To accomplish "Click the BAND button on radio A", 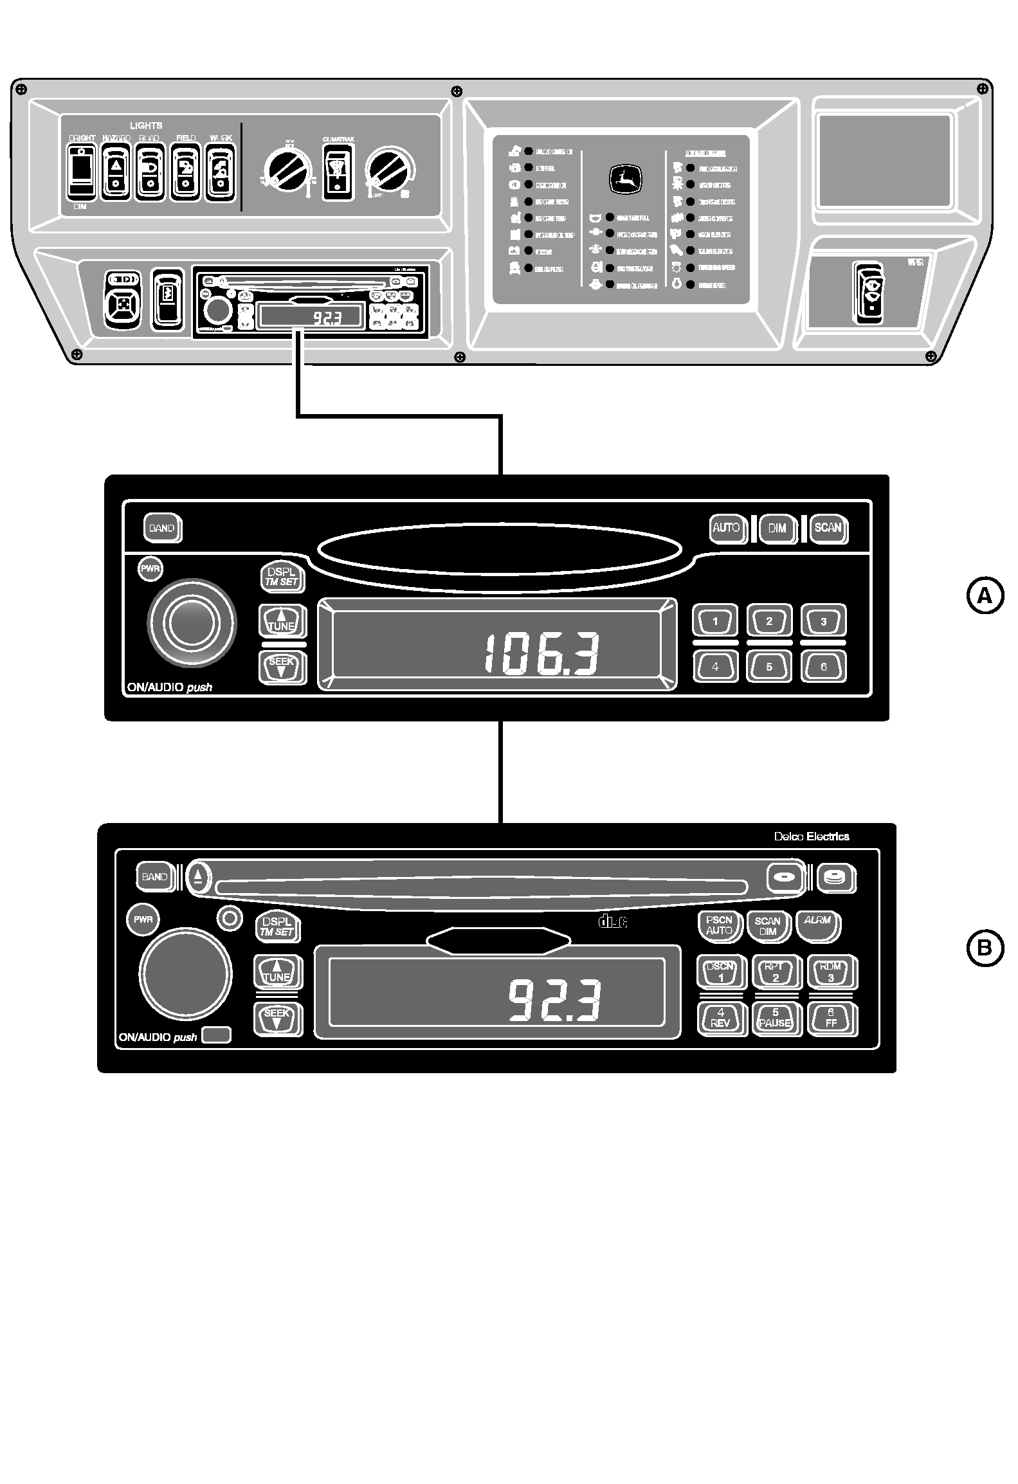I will tap(162, 529).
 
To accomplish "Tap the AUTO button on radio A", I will tap(727, 528).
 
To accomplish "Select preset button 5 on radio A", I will tap(769, 667).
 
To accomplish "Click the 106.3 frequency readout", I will tap(541, 654).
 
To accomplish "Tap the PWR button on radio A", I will tap(151, 569).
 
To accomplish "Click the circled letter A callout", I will tap(985, 597).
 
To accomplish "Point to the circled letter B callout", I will tap(985, 948).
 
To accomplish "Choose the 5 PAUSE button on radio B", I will tap(775, 1018).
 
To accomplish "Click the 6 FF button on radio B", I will tap(831, 1018).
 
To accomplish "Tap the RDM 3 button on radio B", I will tap(830, 972).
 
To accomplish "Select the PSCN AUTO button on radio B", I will tap(719, 925).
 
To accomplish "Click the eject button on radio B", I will tap(199, 876).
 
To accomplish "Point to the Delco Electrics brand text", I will tap(811, 837).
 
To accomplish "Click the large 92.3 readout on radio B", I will tap(554, 1000).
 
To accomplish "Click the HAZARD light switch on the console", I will tap(116, 172).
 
